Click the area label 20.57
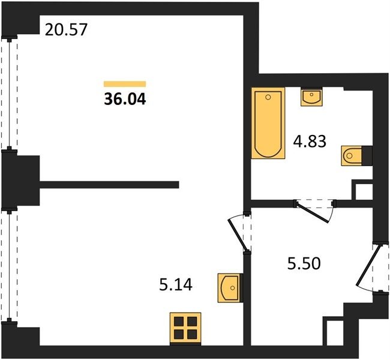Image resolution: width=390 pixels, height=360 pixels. [x=66, y=29]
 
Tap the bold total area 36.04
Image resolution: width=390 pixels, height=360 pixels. [x=125, y=99]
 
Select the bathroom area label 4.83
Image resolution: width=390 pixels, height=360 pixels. [x=310, y=142]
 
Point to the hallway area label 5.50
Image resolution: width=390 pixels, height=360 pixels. [x=304, y=264]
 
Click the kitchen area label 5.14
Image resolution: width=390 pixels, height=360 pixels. [x=176, y=284]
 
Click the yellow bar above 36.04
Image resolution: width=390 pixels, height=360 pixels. [x=125, y=84]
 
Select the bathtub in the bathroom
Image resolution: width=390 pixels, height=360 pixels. [x=268, y=123]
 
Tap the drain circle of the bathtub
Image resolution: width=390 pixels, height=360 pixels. [x=268, y=97]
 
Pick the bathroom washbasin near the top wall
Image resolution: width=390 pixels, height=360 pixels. [x=311, y=97]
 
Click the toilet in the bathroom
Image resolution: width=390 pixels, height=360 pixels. [x=356, y=156]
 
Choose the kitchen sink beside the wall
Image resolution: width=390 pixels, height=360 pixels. [x=230, y=288]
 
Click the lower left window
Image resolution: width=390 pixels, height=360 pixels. [x=10, y=265]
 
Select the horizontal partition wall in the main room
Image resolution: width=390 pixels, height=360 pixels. [x=109, y=185]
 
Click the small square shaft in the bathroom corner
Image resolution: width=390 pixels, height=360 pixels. [x=362, y=190]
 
